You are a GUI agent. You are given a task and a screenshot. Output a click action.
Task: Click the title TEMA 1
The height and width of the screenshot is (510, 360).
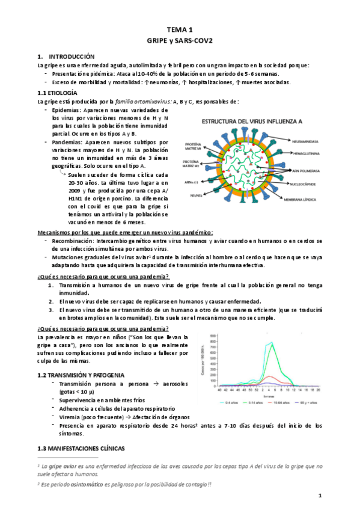(x=180, y=29)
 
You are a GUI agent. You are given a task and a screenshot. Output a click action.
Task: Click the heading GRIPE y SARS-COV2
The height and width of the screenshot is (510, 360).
(x=180, y=39)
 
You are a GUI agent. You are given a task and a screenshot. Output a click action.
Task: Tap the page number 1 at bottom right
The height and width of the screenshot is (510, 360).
(x=321, y=495)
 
